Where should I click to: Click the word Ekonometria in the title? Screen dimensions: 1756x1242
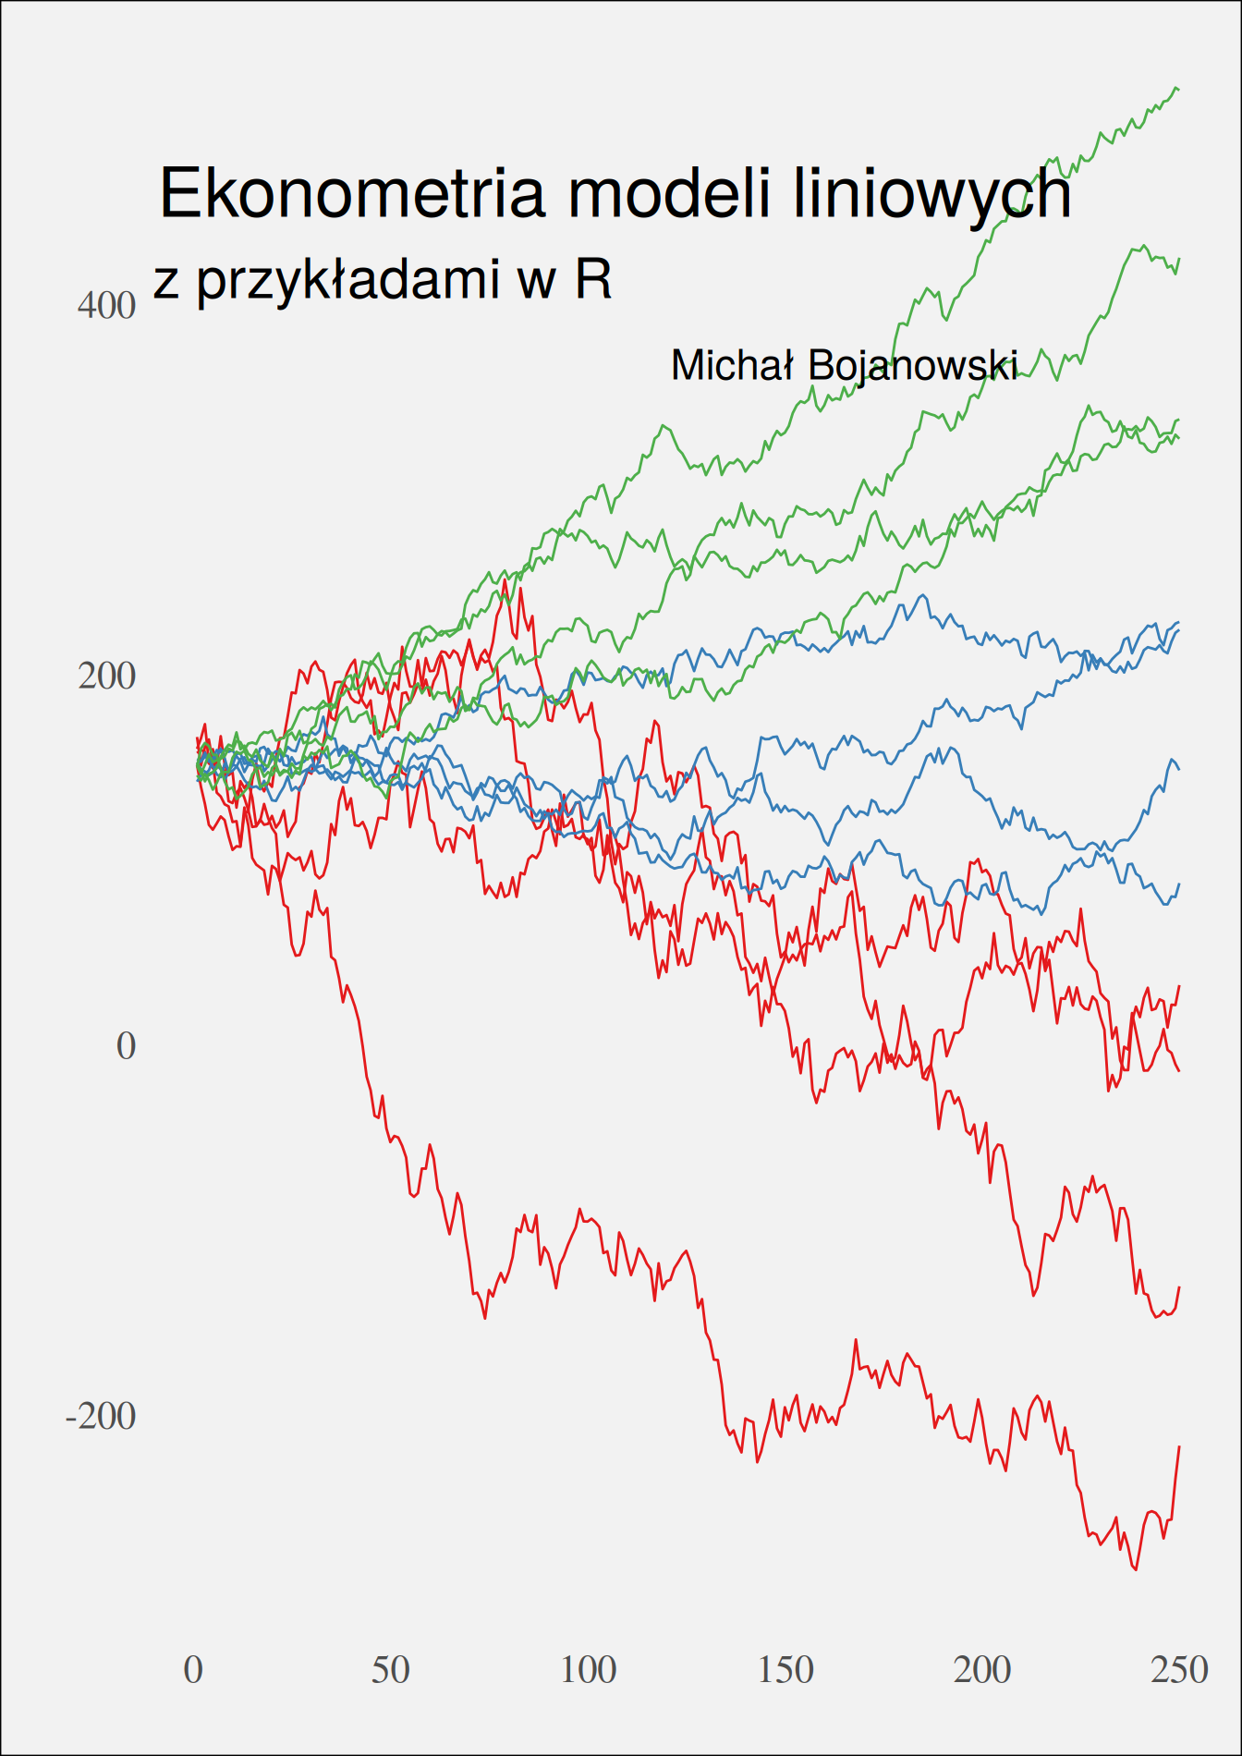(352, 194)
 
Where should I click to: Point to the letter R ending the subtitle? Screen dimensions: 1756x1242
(592, 279)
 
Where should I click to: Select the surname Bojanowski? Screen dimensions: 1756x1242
(913, 367)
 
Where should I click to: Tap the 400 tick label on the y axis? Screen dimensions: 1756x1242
(106, 306)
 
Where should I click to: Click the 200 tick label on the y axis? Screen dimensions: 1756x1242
(106, 677)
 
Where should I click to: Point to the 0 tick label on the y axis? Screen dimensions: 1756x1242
(126, 1046)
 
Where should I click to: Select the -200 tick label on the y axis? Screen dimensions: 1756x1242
(100, 1416)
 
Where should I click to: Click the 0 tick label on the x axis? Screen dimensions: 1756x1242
(193, 1670)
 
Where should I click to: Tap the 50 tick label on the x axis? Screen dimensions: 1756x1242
(390, 1670)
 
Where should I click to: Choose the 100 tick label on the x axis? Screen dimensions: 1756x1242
(588, 1670)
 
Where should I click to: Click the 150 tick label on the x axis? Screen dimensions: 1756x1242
(785, 1670)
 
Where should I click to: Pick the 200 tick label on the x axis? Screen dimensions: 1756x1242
(982, 1670)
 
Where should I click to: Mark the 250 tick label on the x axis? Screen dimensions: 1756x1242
(1180, 1670)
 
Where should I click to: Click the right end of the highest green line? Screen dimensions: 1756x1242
(1178, 90)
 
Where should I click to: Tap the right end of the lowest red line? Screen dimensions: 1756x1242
(1179, 1447)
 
